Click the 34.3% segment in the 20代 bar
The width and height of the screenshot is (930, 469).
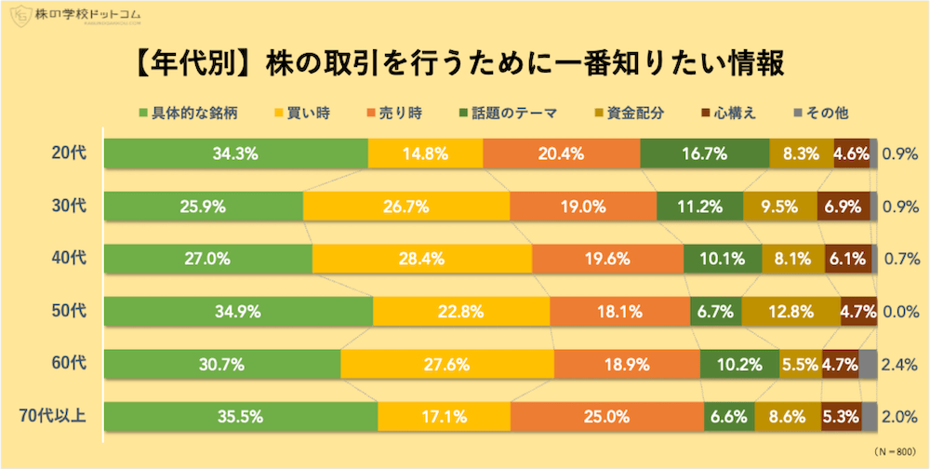pyautogui.click(x=236, y=153)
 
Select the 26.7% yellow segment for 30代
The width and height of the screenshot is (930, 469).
pyautogui.click(x=406, y=206)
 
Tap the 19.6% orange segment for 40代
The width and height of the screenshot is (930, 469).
pyautogui.click(x=607, y=259)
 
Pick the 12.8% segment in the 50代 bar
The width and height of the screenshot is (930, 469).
pyautogui.click(x=790, y=312)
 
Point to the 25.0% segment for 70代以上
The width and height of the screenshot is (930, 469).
pyautogui.click(x=606, y=417)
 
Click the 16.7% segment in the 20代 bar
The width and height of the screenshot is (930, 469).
pyautogui.click(x=705, y=153)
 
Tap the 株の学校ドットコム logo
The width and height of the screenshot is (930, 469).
pyautogui.click(x=74, y=16)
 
